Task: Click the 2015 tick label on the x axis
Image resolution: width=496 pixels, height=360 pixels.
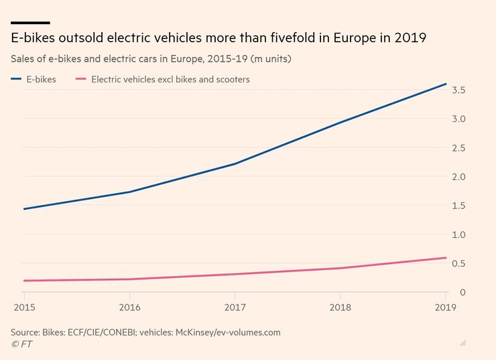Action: [x=24, y=307]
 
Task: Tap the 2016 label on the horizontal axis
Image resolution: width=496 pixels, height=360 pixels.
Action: [x=129, y=307]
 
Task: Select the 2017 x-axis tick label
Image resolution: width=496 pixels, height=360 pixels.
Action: [x=235, y=307]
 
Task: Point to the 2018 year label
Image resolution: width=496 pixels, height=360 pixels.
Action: [x=340, y=307]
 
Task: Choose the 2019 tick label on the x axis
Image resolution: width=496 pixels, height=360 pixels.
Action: [x=444, y=307]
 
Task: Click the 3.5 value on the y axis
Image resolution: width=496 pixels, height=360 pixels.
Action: [x=458, y=90]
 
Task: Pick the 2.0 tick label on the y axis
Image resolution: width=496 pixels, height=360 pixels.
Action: [x=458, y=177]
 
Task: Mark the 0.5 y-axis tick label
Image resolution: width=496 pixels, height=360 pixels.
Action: [x=458, y=263]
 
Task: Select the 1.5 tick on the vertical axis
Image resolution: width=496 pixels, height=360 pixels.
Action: [x=458, y=206]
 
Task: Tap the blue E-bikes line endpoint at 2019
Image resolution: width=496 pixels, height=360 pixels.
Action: [x=446, y=84]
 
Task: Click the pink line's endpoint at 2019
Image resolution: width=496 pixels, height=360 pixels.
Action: [x=446, y=257]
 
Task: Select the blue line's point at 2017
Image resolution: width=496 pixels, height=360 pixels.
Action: [x=235, y=164]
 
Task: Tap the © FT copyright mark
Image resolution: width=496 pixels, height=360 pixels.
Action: [x=21, y=344]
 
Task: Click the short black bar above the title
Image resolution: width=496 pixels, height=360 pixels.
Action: [x=30, y=22]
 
